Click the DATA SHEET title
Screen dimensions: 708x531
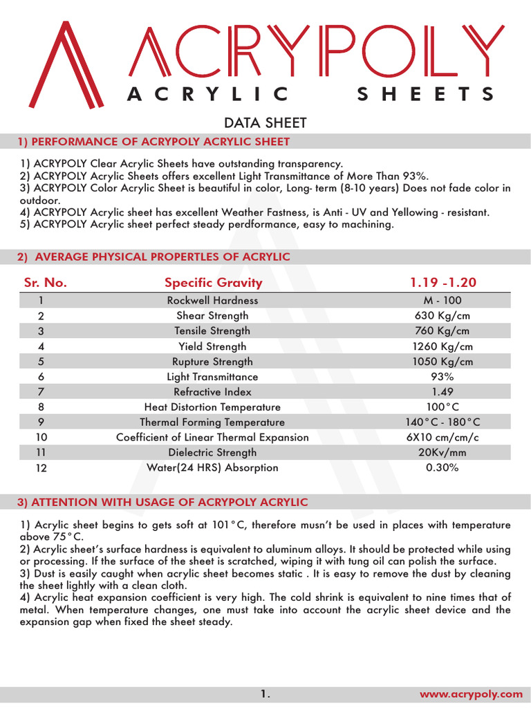(x=265, y=123)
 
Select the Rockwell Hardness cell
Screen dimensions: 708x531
(x=212, y=301)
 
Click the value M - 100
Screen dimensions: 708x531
(x=442, y=301)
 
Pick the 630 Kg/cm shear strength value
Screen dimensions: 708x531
(x=442, y=316)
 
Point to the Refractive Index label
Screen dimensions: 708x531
(x=212, y=392)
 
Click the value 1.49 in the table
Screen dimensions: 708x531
(x=442, y=392)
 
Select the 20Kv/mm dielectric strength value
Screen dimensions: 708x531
(x=442, y=453)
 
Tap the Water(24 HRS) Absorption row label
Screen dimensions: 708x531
(x=212, y=468)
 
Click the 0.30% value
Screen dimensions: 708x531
(x=442, y=468)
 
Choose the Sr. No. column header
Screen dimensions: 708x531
(x=46, y=283)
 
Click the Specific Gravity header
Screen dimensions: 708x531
(x=213, y=283)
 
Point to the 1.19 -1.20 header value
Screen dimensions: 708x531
(x=442, y=283)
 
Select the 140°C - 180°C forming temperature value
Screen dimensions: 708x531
(x=442, y=422)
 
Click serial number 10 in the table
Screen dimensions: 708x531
(x=41, y=438)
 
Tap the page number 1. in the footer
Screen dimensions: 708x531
(x=265, y=693)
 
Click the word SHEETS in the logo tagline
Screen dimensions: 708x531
(x=425, y=94)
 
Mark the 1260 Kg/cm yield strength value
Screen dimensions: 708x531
(x=442, y=346)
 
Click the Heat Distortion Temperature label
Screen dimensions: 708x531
(x=212, y=407)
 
